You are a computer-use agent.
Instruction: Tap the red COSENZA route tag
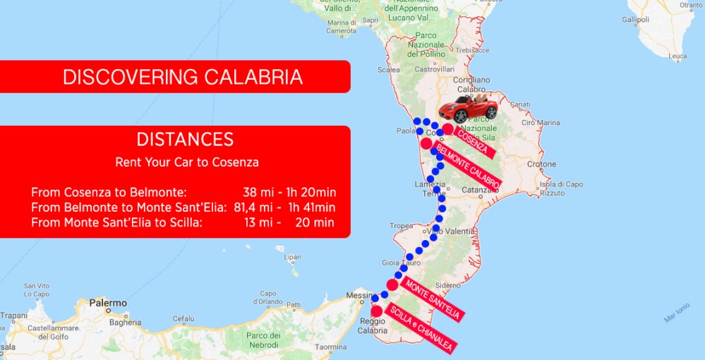tap(474, 142)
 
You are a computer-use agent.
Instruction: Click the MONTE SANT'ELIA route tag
tap(433, 301)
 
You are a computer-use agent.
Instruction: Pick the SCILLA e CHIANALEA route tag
tap(420, 328)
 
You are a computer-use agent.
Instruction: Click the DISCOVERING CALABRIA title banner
tap(182, 77)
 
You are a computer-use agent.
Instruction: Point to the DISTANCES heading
tap(185, 139)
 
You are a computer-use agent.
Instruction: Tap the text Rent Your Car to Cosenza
tap(187, 162)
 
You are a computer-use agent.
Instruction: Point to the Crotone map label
tap(541, 164)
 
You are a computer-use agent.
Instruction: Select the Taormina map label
tap(331, 347)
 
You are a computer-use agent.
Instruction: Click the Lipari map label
tap(291, 256)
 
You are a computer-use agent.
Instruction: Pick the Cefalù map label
tap(183, 318)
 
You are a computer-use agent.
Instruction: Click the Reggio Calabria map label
tap(374, 325)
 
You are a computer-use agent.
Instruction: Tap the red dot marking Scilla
tap(376, 311)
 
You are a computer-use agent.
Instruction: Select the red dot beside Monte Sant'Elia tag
tap(392, 284)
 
